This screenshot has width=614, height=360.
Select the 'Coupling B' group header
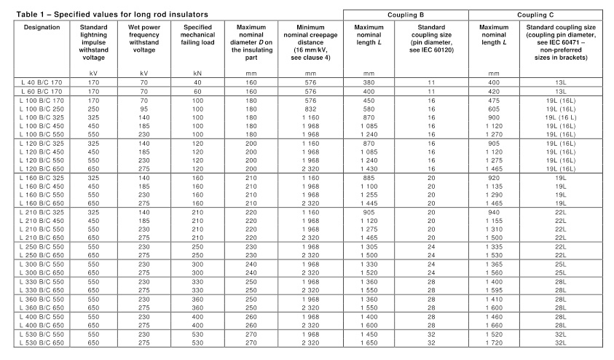point(405,15)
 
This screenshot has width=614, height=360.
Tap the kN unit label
point(197,73)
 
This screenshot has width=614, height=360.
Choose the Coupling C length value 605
point(501,109)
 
